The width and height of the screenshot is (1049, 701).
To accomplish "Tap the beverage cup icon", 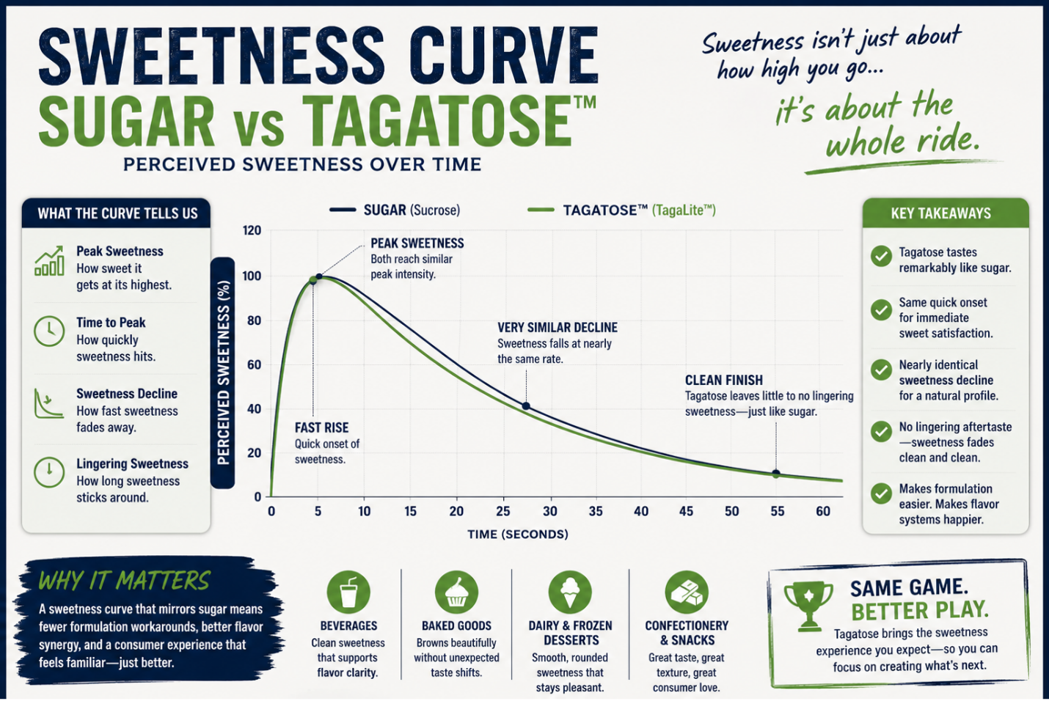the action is tap(348, 592).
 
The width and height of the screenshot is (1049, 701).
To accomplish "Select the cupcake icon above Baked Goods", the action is tap(456, 592).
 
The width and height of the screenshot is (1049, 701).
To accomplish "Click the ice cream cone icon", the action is tap(570, 592).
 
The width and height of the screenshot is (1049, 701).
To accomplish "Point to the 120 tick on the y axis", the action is tap(252, 230).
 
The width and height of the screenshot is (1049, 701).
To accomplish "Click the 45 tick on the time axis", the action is tap(686, 511).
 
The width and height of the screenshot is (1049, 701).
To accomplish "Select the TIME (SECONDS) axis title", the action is tap(517, 535).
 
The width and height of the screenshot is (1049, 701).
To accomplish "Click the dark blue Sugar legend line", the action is tap(343, 210).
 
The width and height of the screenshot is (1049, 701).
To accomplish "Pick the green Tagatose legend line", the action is tap(541, 210).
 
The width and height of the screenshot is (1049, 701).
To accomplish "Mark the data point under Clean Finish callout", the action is tap(776, 474).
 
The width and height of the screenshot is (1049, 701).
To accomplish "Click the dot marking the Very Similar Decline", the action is tap(526, 405).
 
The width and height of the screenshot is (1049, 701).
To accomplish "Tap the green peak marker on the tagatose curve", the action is tap(312, 280).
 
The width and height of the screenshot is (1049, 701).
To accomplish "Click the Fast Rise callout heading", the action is tap(322, 427).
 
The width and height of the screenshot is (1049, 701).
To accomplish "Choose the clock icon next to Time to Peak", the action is tap(49, 331).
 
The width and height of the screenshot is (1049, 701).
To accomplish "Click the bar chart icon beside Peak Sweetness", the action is tap(49, 260).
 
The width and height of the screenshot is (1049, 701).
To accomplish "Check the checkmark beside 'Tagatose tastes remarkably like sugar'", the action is tap(881, 256).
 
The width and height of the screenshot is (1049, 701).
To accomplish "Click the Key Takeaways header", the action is tap(941, 213).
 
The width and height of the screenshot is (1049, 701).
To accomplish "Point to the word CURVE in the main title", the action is tap(503, 57).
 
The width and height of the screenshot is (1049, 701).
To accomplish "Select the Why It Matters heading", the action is tap(124, 581).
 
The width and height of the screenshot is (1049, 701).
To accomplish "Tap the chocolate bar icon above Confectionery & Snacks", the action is tap(686, 592).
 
